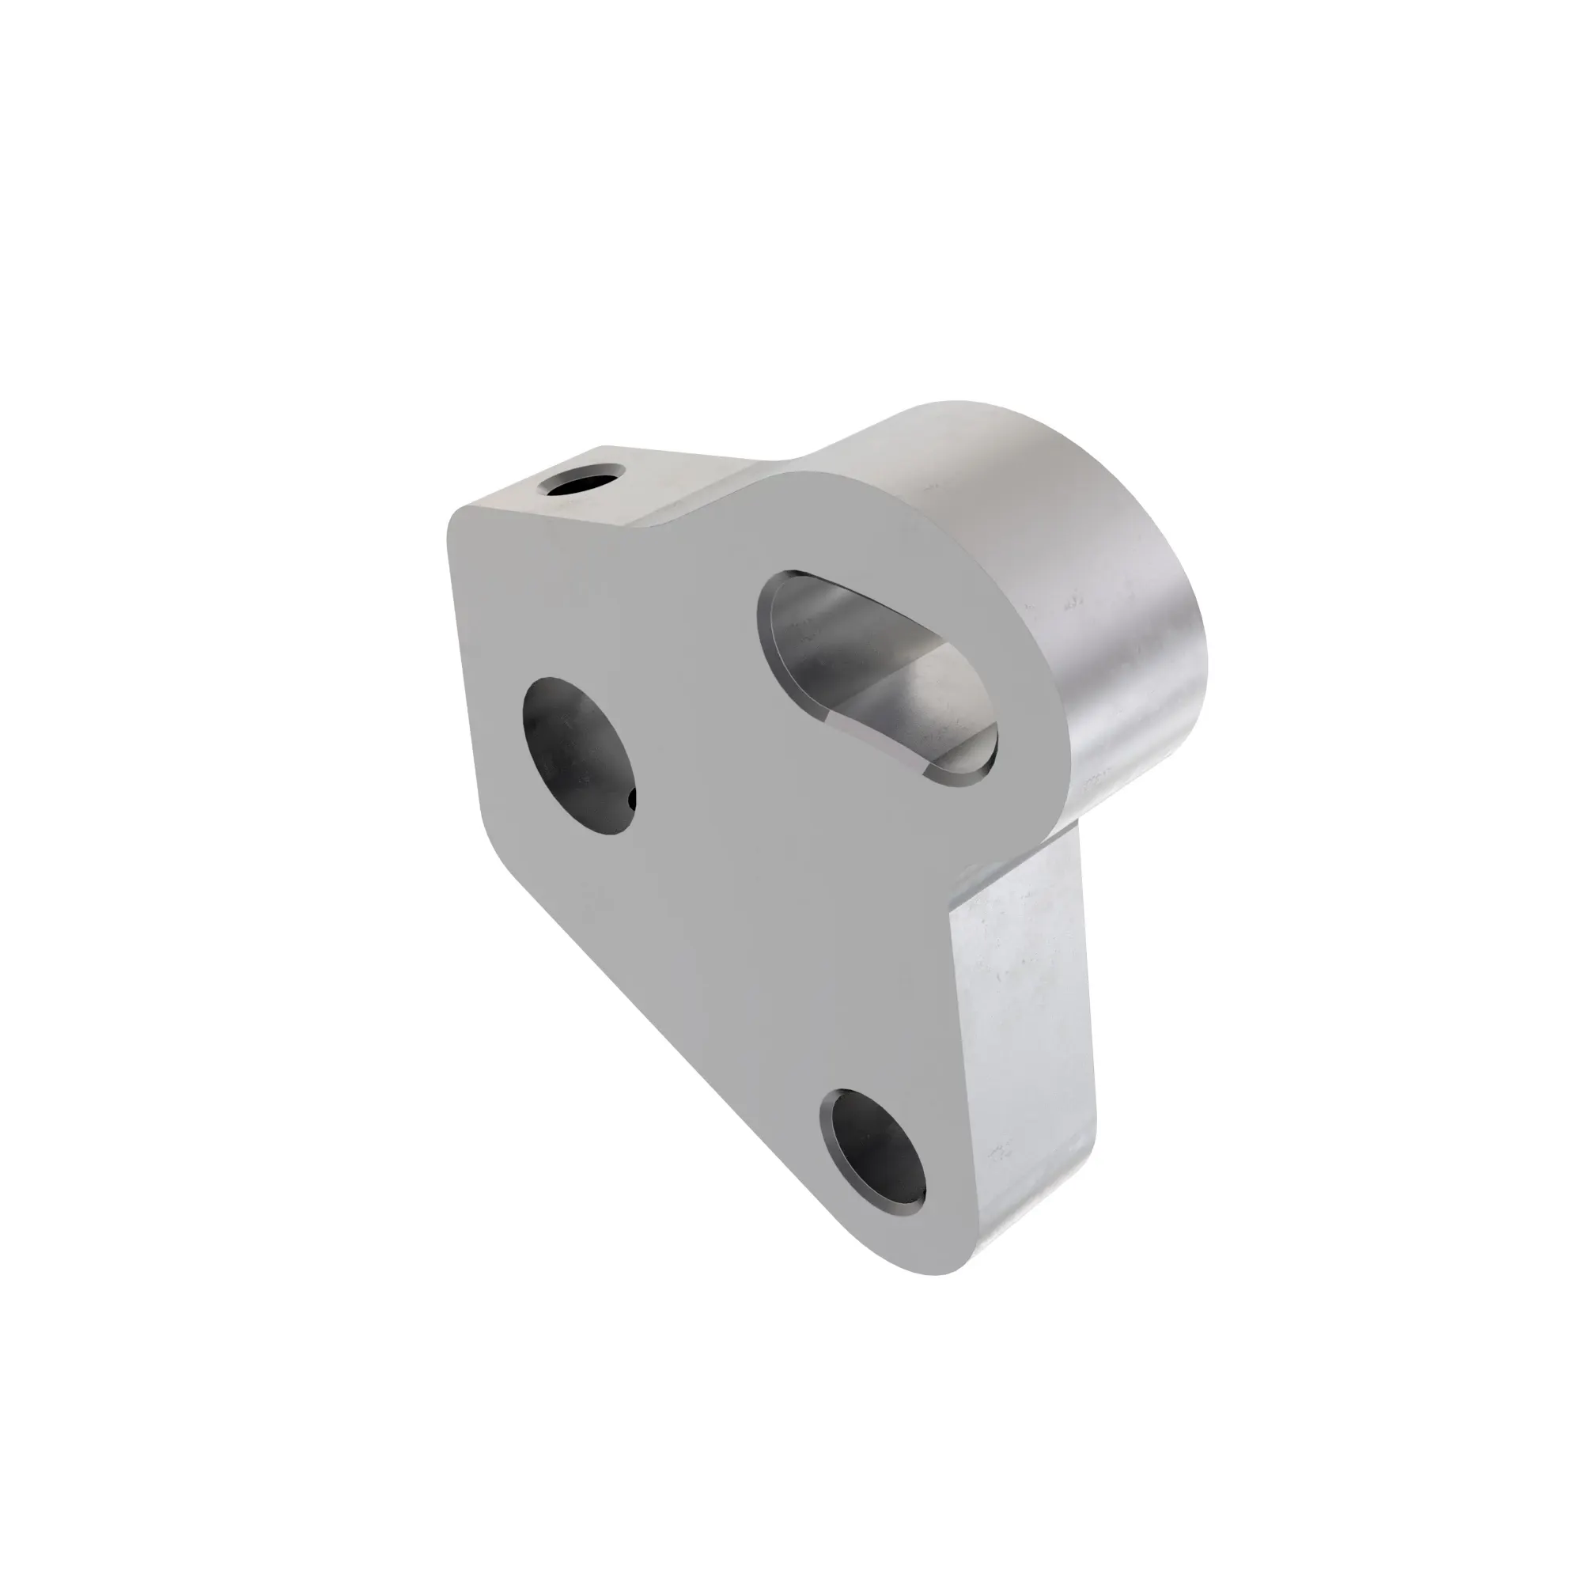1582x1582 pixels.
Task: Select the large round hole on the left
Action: (579, 755)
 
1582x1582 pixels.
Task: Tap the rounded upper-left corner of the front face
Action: (463, 524)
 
